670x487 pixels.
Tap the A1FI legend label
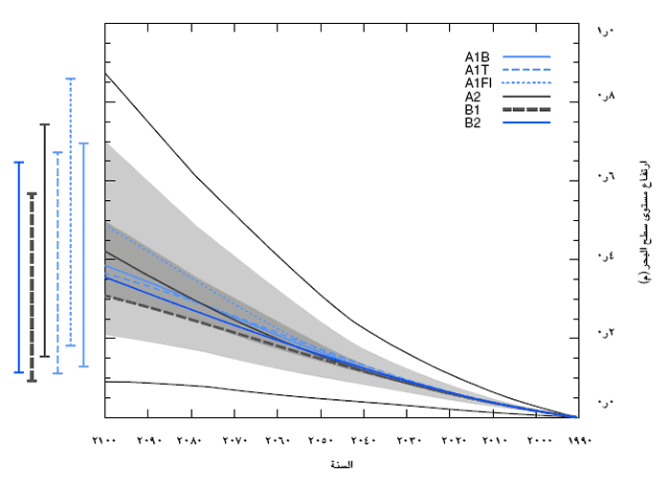point(480,83)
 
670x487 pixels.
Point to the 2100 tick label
point(105,441)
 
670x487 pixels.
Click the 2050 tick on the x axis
point(321,441)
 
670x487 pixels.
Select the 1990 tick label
point(579,441)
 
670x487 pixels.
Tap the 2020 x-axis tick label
point(450,441)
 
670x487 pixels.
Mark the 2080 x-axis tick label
point(191,441)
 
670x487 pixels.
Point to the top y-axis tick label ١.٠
point(605,34)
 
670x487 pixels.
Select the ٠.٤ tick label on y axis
point(605,255)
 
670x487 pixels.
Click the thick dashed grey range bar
point(32,287)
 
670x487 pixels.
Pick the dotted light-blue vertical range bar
point(70,210)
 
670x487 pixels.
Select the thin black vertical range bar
point(44,239)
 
